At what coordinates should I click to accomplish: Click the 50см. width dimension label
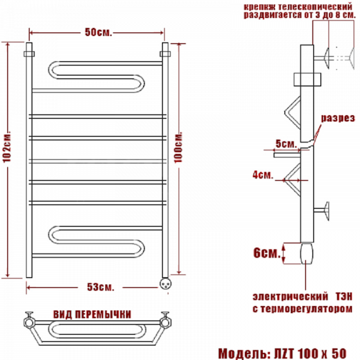click(x=98, y=32)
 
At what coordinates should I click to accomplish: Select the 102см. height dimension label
click(x=7, y=147)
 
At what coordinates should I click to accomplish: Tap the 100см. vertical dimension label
click(x=178, y=147)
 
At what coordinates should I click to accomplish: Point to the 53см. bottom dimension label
click(x=100, y=287)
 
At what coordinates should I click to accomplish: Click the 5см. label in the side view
click(x=286, y=144)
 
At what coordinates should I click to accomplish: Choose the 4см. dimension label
click(x=263, y=175)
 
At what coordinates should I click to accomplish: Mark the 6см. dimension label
click(x=267, y=253)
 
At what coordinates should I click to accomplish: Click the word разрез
click(x=338, y=118)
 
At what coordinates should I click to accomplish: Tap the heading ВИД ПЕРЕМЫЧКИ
click(x=92, y=314)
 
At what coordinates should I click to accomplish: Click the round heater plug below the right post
click(x=165, y=283)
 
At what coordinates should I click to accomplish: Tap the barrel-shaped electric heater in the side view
click(x=307, y=254)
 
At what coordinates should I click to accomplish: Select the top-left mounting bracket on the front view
click(x=29, y=54)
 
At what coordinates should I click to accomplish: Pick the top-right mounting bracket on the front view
click(x=165, y=54)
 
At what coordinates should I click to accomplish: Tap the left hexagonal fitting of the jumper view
click(x=29, y=322)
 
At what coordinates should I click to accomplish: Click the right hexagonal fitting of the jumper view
click(x=165, y=322)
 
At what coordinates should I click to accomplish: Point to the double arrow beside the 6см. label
click(x=284, y=253)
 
